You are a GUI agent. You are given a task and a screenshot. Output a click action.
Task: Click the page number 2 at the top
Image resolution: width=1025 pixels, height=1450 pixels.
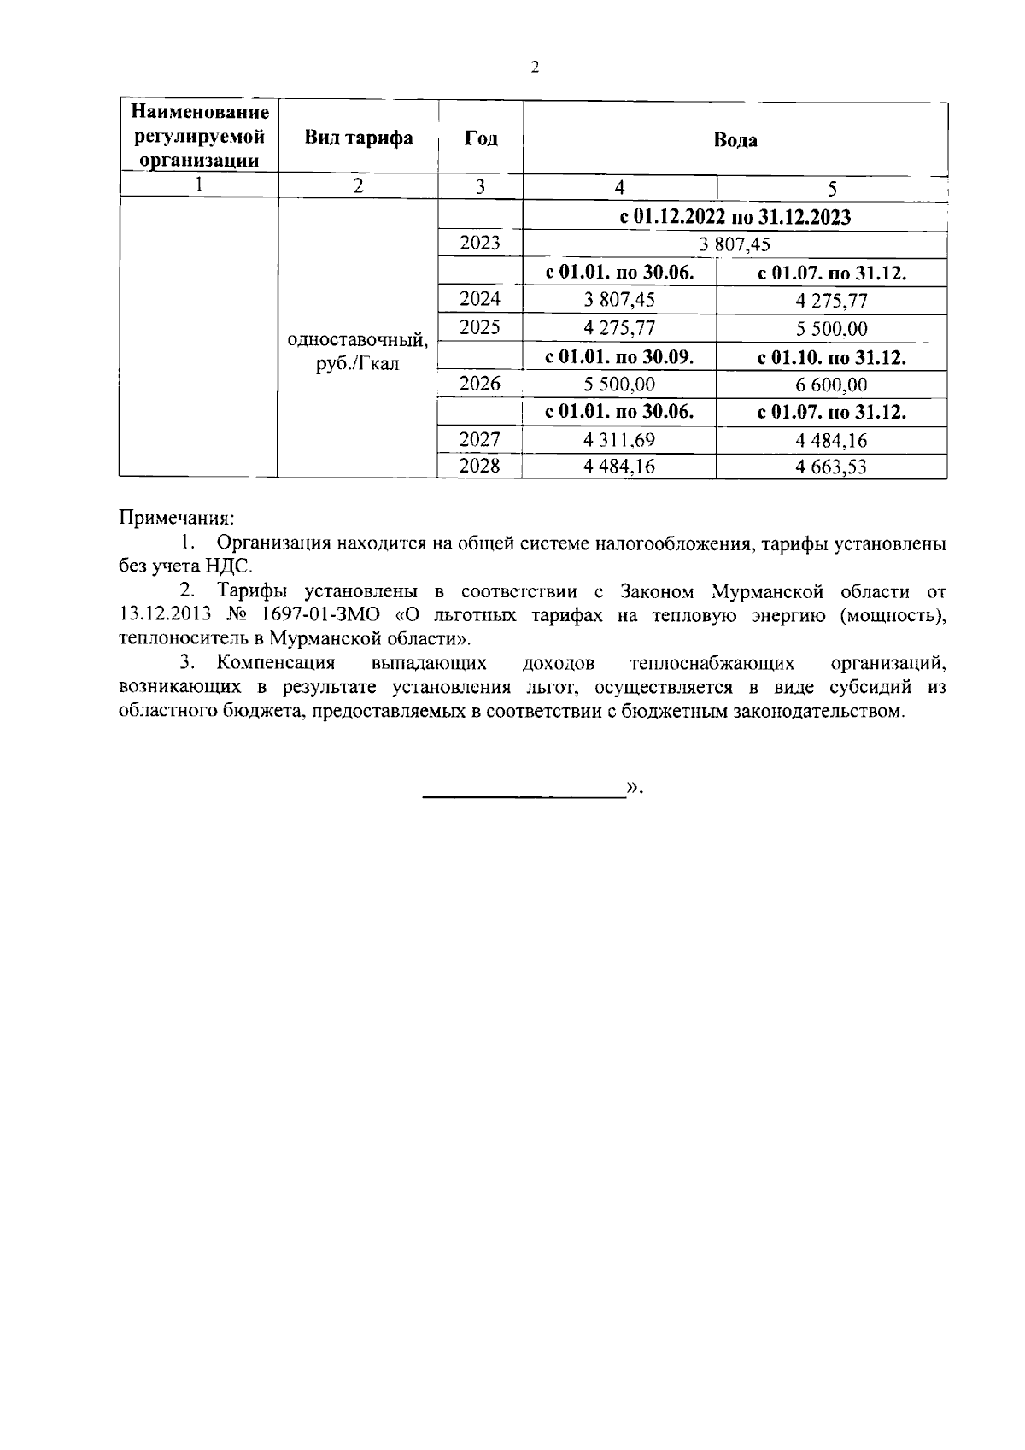coord(535,68)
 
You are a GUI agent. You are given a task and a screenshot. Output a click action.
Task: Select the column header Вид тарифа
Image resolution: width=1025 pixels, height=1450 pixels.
coord(359,138)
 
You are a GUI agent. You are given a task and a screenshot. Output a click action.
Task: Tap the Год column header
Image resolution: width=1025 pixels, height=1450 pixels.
coord(480,138)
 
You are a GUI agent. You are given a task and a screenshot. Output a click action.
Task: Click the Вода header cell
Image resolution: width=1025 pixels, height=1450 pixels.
coord(735,140)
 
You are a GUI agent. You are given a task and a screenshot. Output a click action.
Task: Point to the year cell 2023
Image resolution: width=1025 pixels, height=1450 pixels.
coord(480,244)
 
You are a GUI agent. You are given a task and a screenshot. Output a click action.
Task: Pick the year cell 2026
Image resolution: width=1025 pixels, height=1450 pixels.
coord(480,384)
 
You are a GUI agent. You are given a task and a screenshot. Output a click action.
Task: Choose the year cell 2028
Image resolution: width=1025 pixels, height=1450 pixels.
coord(480,466)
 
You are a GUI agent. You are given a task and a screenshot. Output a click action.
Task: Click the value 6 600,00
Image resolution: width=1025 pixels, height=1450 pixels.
coord(831,385)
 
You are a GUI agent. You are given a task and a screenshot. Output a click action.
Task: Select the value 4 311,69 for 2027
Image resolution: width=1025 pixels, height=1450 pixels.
coord(619,441)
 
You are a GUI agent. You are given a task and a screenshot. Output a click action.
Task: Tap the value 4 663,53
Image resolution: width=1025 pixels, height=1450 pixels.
coord(831,467)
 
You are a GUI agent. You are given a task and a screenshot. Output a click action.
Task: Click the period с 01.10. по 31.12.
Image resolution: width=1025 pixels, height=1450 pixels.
coord(831,357)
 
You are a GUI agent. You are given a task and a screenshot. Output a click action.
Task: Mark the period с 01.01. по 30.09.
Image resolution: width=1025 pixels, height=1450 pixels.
coord(619,357)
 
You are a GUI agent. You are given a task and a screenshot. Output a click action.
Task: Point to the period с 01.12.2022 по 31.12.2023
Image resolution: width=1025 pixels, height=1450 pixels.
coord(735,217)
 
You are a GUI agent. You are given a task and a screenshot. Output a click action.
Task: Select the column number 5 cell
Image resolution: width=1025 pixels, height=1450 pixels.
coord(832,188)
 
